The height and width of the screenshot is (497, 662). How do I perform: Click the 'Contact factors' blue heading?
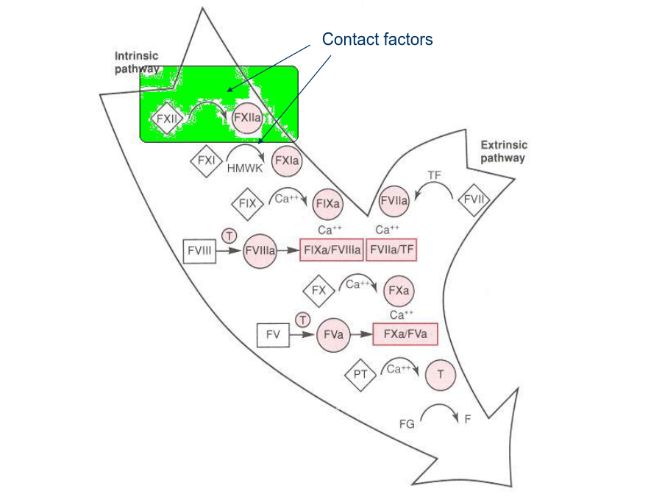click(x=377, y=39)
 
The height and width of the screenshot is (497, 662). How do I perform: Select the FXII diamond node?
click(x=167, y=119)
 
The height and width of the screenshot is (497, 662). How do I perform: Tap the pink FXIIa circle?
click(x=247, y=118)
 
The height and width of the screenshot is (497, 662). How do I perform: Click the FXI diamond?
click(x=207, y=161)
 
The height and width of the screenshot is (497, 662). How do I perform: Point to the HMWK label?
click(x=245, y=168)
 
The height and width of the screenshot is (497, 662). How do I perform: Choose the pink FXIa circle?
click(x=287, y=161)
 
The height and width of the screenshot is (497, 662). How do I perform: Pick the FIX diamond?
click(x=247, y=204)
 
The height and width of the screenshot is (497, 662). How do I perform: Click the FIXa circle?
click(x=327, y=204)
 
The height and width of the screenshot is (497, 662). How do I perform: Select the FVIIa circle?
click(x=394, y=201)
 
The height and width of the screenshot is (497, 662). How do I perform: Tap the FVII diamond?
click(x=474, y=200)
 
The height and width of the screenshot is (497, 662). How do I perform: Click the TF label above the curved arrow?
click(x=435, y=175)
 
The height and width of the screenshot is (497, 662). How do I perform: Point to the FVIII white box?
click(x=199, y=251)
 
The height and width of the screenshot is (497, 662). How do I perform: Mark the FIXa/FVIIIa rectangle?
click(x=332, y=250)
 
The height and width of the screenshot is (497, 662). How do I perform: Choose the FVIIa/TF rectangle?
click(x=391, y=250)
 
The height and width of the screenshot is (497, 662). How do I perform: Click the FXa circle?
click(x=399, y=291)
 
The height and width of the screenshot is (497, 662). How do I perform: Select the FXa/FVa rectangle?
click(x=405, y=334)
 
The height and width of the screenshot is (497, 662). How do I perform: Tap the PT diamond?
click(x=360, y=375)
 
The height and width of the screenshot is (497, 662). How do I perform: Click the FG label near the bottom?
click(x=407, y=424)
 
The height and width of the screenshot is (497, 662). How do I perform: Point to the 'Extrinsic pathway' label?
click(x=504, y=151)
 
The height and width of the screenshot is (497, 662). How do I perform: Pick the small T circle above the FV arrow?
click(x=303, y=320)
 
